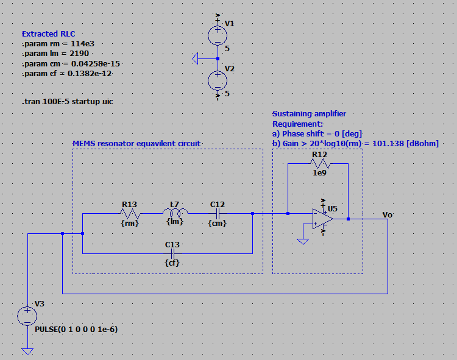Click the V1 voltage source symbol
pyautogui.click(x=218, y=35)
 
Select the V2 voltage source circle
pyautogui.click(x=218, y=80)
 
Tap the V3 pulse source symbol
pyautogui.click(x=27, y=316)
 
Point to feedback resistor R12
pyautogui.click(x=320, y=164)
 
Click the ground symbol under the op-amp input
pyautogui.click(x=303, y=241)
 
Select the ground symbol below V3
pyautogui.click(x=27, y=351)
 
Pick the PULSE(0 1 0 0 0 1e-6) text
pyautogui.click(x=76, y=329)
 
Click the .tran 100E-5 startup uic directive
pyautogui.click(x=67, y=102)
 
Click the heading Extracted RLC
pyautogui.click(x=49, y=34)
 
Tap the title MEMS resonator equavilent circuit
pyautogui.click(x=136, y=143)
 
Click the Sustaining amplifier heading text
pyautogui.click(x=309, y=114)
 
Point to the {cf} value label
pyautogui.click(x=173, y=263)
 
